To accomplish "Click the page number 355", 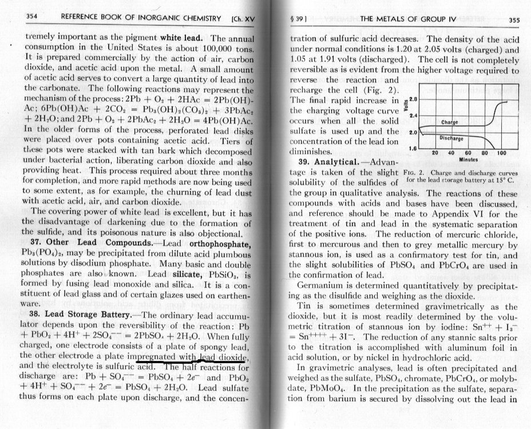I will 513,19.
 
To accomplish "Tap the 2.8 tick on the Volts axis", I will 415,99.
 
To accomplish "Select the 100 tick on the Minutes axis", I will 502,153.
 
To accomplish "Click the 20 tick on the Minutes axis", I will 435,153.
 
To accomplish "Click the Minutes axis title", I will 469,161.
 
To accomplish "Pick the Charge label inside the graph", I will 451,122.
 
